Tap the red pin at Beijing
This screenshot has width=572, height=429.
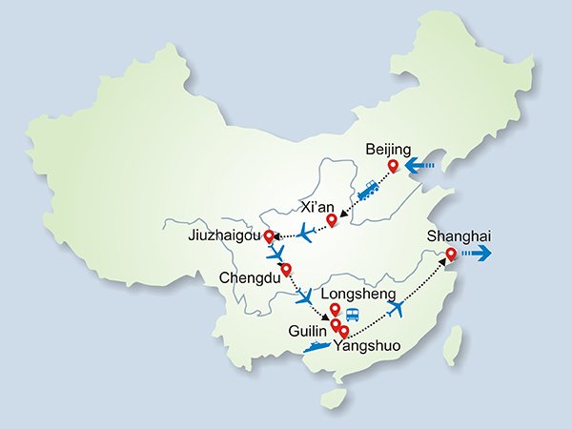coord(392,167)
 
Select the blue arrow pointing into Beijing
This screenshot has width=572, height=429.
coord(419,169)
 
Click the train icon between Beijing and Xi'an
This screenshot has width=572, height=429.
coord(368,191)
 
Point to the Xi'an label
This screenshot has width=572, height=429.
coord(317,205)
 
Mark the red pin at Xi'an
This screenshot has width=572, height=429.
coord(332,221)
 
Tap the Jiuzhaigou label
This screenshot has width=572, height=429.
coord(225,235)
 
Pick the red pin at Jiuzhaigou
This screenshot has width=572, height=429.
coord(269,235)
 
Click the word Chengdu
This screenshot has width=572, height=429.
coord(250,278)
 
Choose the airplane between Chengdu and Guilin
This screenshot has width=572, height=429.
coord(306,297)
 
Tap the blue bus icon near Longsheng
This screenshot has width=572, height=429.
coord(352,314)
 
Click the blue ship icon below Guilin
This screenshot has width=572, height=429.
coord(317,347)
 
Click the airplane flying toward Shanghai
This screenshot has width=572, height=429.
coord(398,309)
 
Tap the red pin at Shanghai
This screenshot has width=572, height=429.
coord(451,254)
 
